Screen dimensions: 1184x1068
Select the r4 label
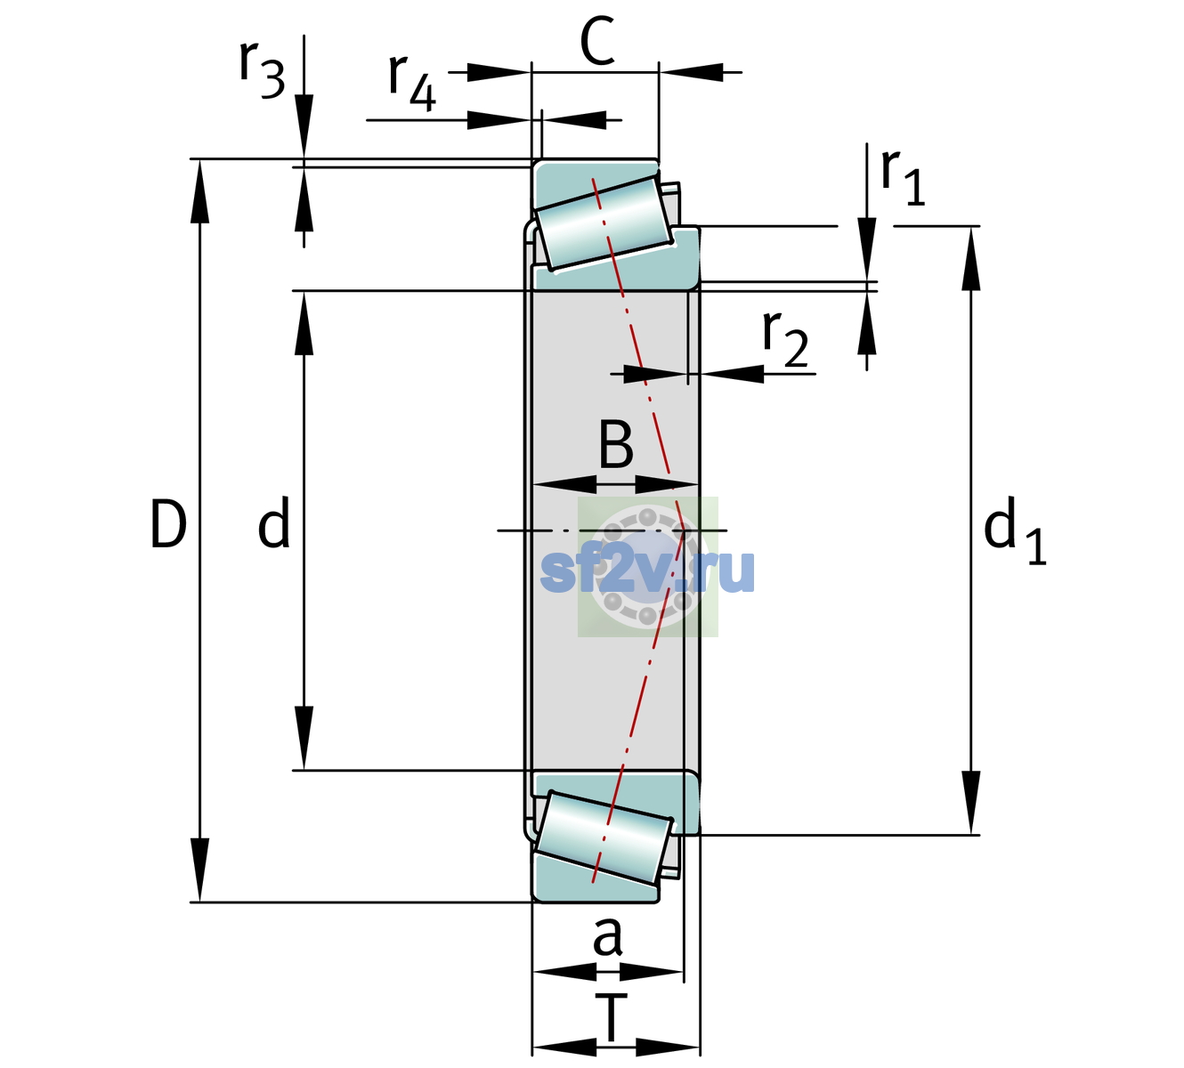click(x=412, y=83)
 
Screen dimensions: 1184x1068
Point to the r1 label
click(x=903, y=177)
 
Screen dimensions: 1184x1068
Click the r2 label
click(x=785, y=339)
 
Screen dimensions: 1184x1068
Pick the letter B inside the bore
click(x=616, y=444)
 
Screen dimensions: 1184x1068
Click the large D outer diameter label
click(x=168, y=524)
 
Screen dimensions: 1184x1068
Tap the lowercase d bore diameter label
click(x=274, y=522)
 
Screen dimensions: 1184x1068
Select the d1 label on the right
click(x=1015, y=529)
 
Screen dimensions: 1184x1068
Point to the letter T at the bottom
click(x=611, y=1017)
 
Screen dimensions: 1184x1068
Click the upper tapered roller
click(x=604, y=223)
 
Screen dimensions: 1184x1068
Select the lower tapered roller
click(x=604, y=838)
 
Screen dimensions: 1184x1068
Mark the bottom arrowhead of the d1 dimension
click(x=971, y=803)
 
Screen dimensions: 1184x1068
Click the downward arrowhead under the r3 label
click(x=304, y=126)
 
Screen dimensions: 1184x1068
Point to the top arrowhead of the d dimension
click(x=304, y=323)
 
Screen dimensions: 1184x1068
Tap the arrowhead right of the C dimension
click(x=691, y=72)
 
